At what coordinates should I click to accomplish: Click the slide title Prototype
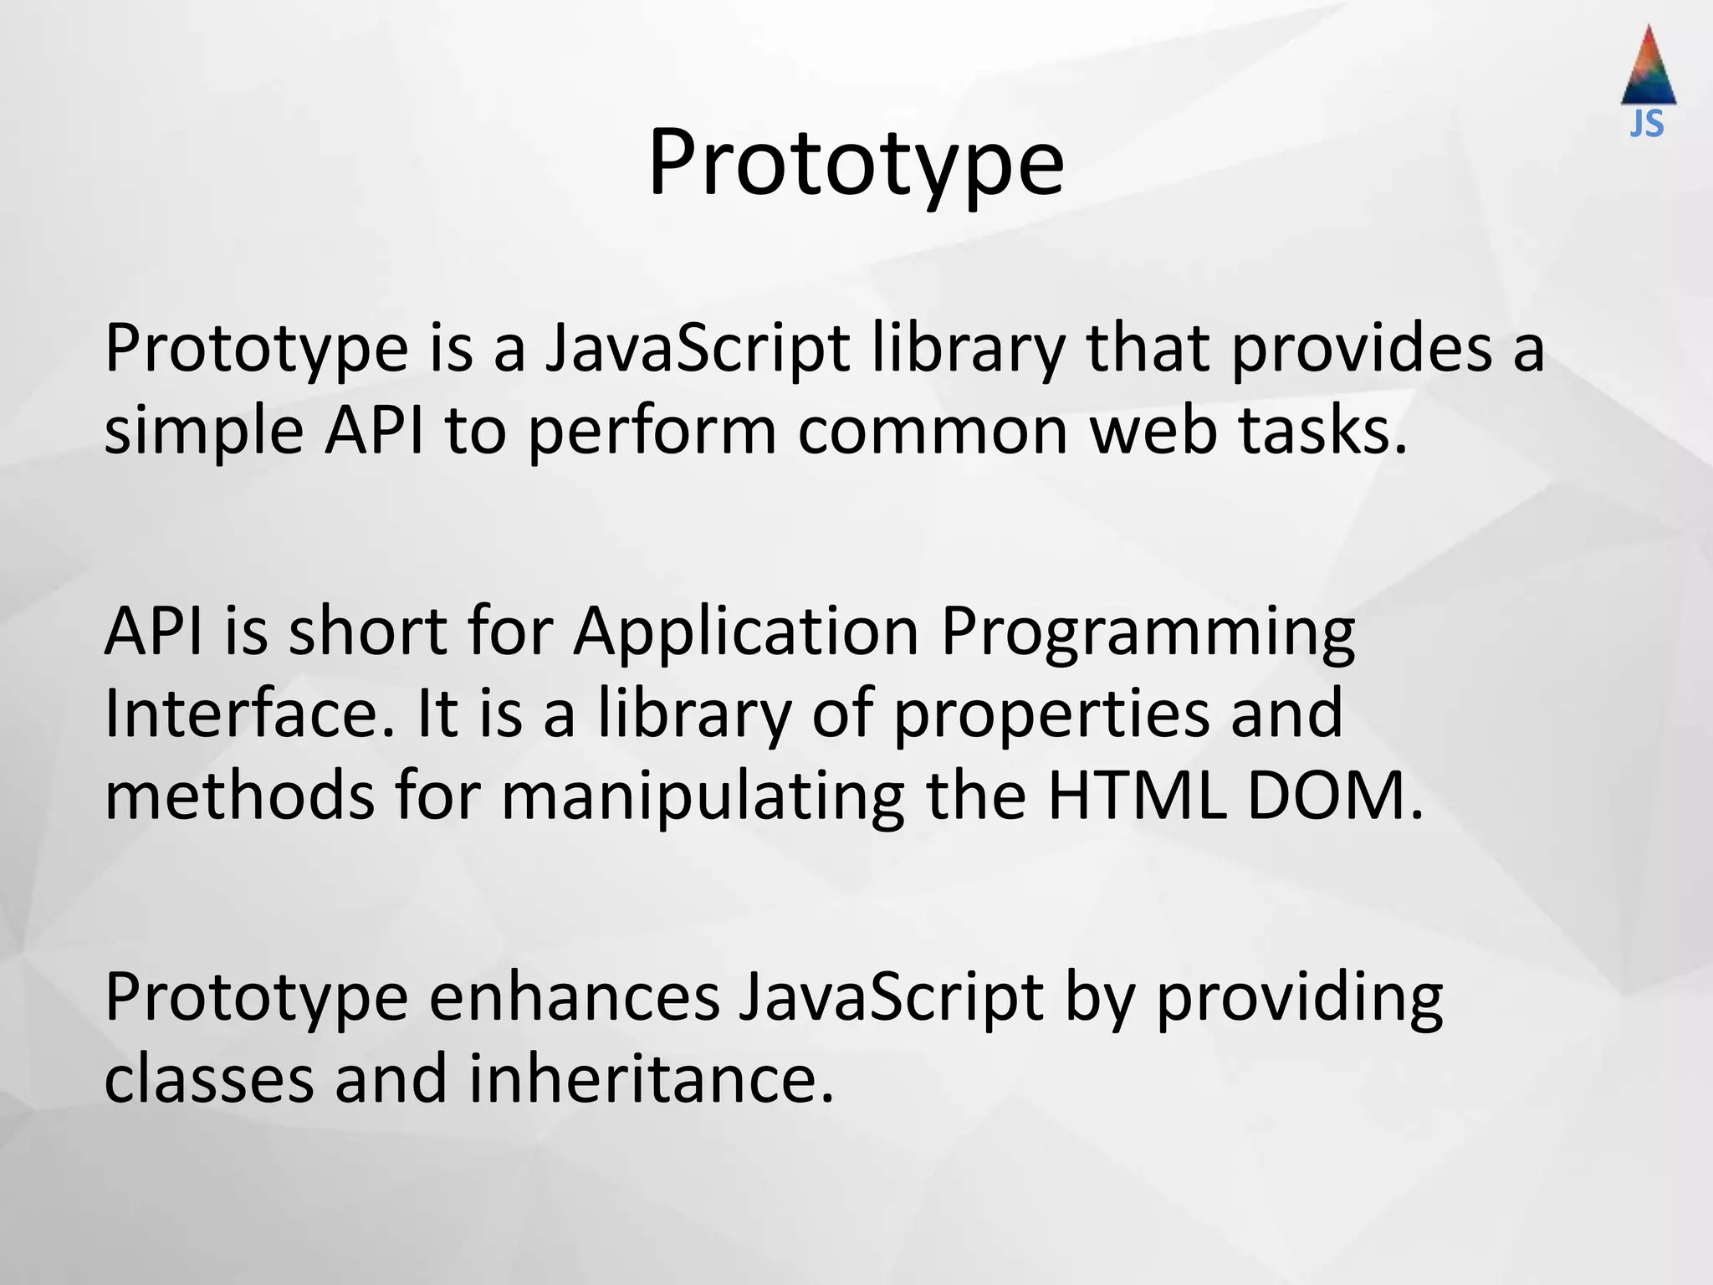coord(856,163)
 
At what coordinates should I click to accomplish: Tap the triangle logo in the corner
coord(1649,67)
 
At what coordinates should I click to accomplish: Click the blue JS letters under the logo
coord(1647,125)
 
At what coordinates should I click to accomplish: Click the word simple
coord(203,432)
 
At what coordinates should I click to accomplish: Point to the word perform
coord(652,432)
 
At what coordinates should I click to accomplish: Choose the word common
coord(933,432)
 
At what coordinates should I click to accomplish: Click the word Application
coord(746,632)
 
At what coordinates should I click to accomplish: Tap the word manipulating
coord(703,796)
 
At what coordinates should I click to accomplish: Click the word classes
coord(208,1078)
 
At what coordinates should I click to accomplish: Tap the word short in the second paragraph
coord(368,631)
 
